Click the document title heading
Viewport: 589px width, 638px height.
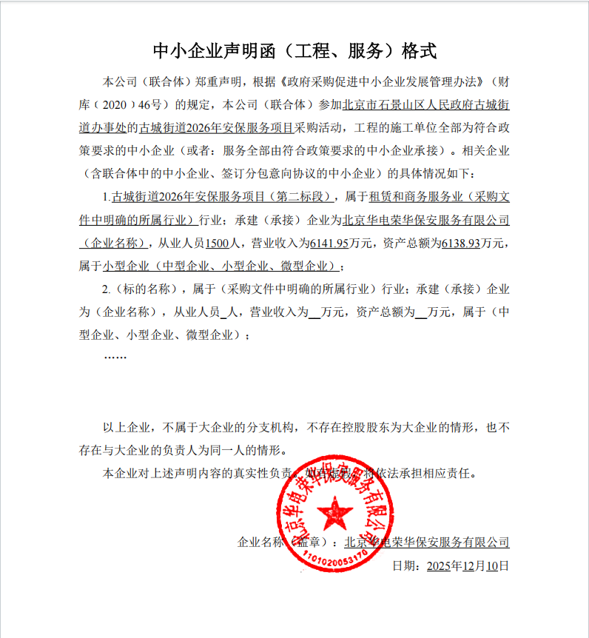coord(294,51)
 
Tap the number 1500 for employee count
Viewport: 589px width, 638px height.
coord(218,242)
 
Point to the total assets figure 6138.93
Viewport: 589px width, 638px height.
coord(461,242)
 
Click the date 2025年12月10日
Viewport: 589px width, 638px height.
coord(467,566)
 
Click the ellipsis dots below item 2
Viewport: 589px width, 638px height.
coord(115,357)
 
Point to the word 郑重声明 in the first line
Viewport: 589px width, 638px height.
coord(220,81)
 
